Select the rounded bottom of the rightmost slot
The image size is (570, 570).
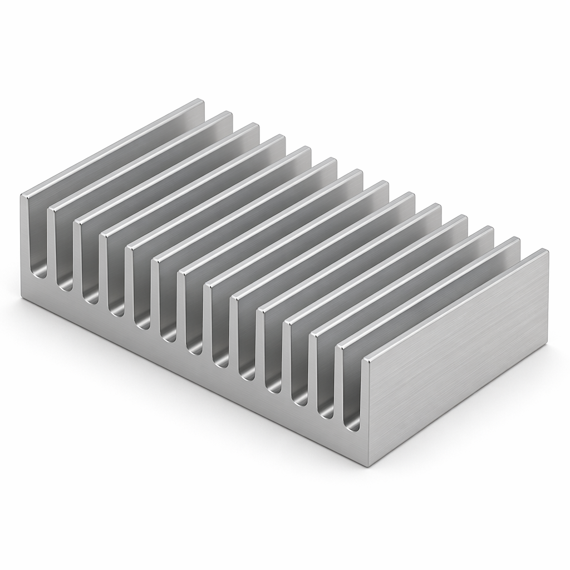pyautogui.click(x=352, y=426)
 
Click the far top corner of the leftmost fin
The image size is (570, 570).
pyautogui.click(x=201, y=101)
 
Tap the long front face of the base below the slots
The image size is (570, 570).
pyautogui.click(x=195, y=379)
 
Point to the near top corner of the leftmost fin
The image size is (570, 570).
pyautogui.click(x=23, y=196)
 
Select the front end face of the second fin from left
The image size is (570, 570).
pyautogui.click(x=51, y=245)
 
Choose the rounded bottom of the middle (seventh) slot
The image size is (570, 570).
pyautogui.click(x=195, y=349)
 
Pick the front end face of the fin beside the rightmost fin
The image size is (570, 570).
pyautogui.click(x=339, y=379)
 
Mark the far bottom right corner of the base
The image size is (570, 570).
pyautogui.click(x=548, y=356)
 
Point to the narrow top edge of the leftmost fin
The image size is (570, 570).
pyautogui.click(x=111, y=148)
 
